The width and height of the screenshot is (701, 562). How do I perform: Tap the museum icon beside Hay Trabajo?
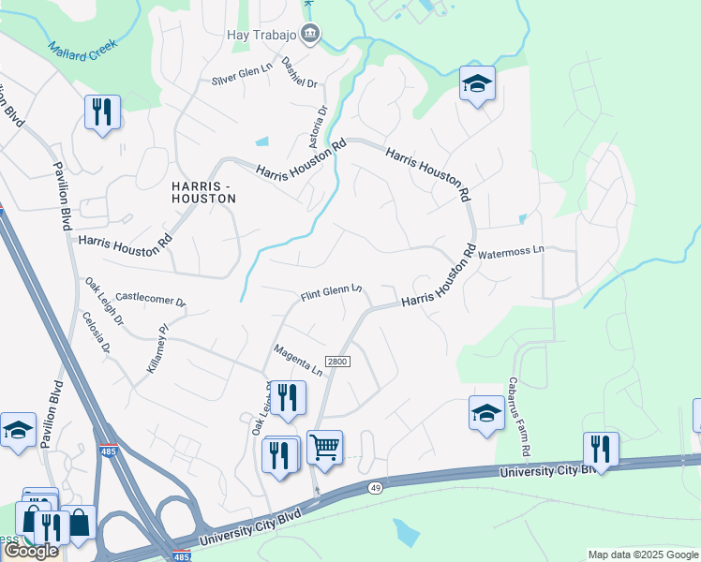[311, 35]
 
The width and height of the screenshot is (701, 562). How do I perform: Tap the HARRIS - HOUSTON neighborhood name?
[203, 192]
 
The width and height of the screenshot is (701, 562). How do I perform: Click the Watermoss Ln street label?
[511, 251]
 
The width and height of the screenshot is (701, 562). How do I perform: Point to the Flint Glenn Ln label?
[331, 294]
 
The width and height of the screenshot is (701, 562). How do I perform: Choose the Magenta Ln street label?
[298, 360]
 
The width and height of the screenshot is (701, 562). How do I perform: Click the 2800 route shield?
[337, 362]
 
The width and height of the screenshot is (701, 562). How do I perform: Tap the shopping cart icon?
[324, 449]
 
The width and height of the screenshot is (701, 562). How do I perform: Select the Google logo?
[31, 551]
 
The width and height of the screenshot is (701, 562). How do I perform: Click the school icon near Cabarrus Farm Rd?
[486, 411]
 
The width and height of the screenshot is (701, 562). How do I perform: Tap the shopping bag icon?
[79, 523]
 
